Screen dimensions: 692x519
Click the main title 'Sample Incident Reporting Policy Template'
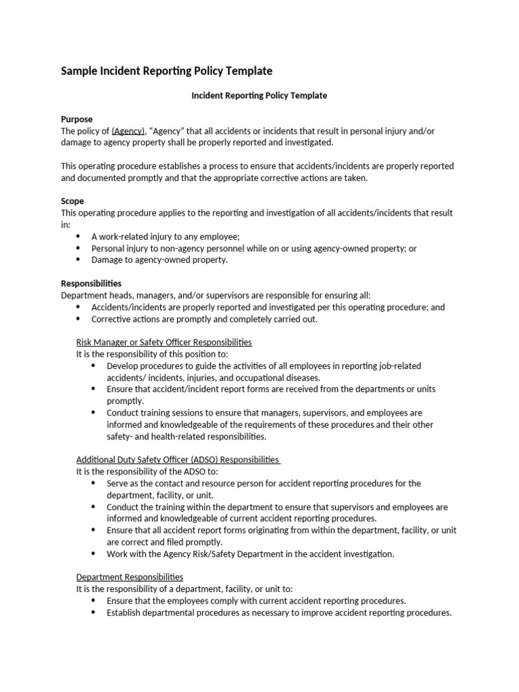point(167,71)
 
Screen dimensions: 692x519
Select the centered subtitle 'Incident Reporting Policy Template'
point(259,96)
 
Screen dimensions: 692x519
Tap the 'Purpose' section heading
point(77,120)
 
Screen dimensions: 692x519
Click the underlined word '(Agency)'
point(128,131)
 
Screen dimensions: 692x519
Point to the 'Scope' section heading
point(72,201)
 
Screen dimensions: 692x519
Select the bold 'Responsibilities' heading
point(91,284)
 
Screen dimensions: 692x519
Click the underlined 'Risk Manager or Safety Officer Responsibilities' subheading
point(164,343)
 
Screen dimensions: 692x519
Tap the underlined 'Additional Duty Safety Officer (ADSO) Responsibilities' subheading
point(177,460)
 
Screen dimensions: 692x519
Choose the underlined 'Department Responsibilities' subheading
point(129,577)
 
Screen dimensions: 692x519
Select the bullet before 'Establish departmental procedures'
point(93,613)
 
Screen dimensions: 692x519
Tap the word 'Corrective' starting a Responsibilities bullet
point(112,319)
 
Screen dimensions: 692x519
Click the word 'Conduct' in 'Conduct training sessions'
point(122,413)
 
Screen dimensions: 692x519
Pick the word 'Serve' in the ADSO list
point(118,484)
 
